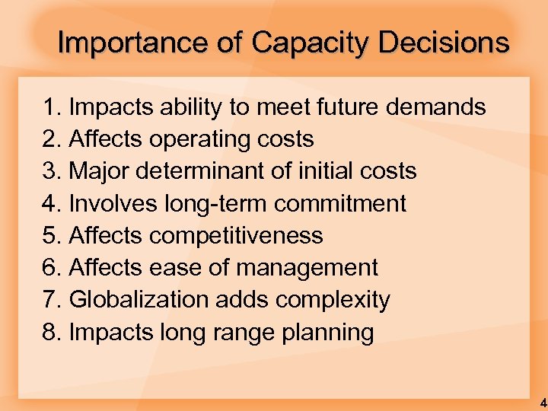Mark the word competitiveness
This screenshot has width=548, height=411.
coord(236,236)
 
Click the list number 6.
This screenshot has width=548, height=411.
coord(51,268)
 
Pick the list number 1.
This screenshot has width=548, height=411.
coord(51,107)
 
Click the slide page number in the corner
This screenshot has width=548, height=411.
coord(542,402)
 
